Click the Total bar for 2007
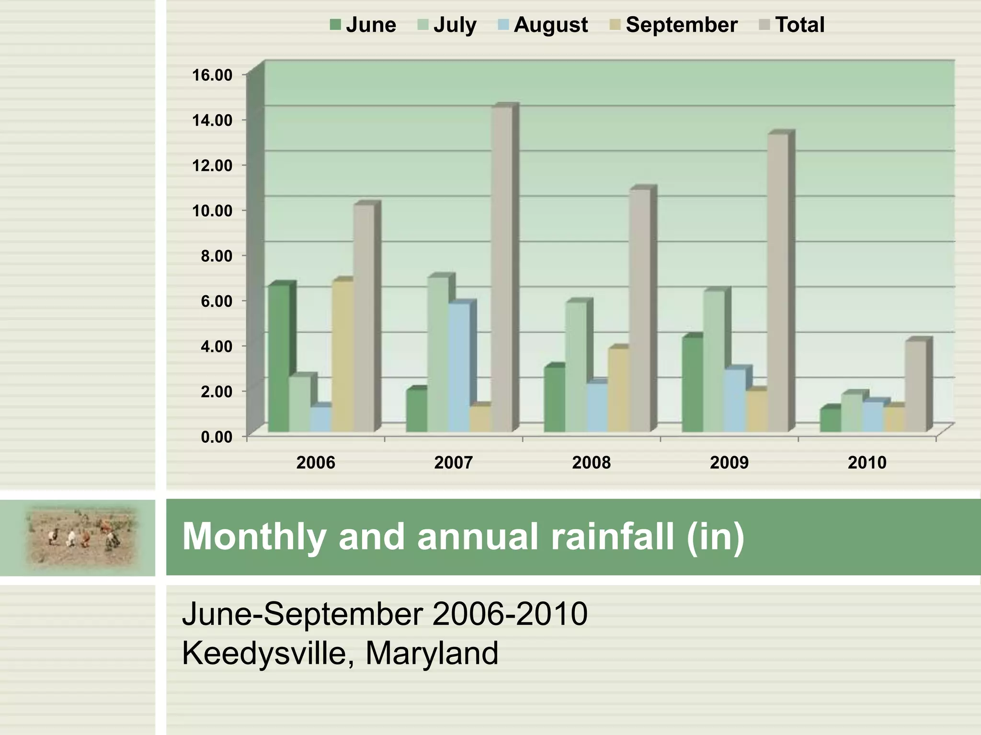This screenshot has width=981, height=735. click(x=502, y=268)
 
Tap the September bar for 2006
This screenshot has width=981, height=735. click(x=342, y=356)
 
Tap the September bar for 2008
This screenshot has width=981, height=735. click(x=618, y=390)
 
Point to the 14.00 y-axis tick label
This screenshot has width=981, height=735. click(x=212, y=120)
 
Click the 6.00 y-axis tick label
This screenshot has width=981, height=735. click(x=217, y=301)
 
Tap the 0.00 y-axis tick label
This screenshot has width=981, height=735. click(x=217, y=437)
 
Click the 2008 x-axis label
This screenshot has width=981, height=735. click(x=591, y=463)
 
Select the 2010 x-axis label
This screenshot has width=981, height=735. click(x=867, y=463)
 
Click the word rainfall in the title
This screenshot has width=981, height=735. click(x=613, y=536)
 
